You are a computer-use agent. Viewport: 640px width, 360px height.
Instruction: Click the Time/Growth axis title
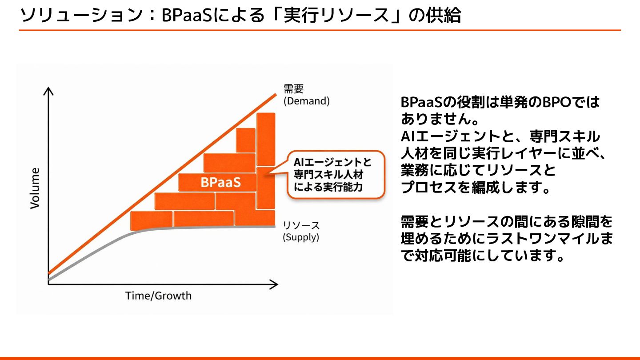(x=158, y=296)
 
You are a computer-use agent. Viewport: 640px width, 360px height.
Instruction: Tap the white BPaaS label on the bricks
(x=220, y=182)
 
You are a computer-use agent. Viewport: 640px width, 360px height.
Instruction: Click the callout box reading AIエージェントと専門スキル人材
(x=336, y=174)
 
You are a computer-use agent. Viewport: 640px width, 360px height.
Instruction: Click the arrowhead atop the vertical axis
(x=48, y=92)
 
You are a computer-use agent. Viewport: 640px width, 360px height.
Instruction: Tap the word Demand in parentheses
(x=307, y=101)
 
